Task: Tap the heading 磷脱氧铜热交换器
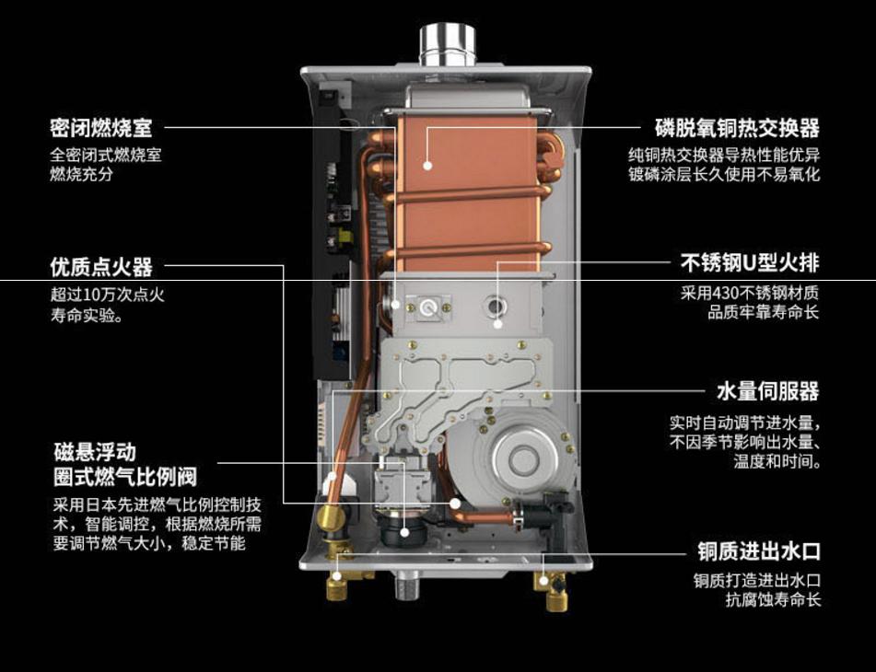coord(737,127)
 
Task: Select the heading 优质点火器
coord(100,268)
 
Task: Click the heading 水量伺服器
coord(768,391)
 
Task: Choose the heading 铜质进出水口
coord(758,552)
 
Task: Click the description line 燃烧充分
coord(81,174)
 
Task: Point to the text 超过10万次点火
coord(107,295)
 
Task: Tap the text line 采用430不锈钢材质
coord(750,294)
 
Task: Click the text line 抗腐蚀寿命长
coord(772,600)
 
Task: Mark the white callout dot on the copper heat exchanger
coord(427,166)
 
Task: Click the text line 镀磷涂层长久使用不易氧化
coord(723,174)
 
